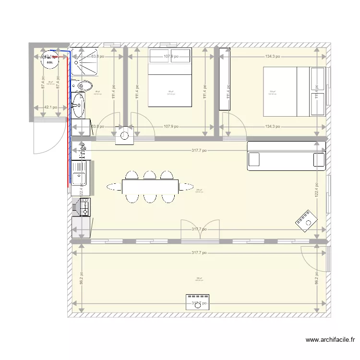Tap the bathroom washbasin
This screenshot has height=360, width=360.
pos(78,104)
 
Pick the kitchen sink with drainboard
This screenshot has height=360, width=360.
pos(80,173)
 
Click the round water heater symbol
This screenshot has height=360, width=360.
pos(48,60)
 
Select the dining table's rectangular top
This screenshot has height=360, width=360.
pos(150,186)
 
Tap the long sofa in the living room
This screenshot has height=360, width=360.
pos(286,156)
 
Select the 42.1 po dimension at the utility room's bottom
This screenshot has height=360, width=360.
pos(49,108)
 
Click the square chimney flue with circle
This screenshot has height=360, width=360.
pos(125,136)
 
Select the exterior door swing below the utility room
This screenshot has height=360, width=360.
pos(49,137)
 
